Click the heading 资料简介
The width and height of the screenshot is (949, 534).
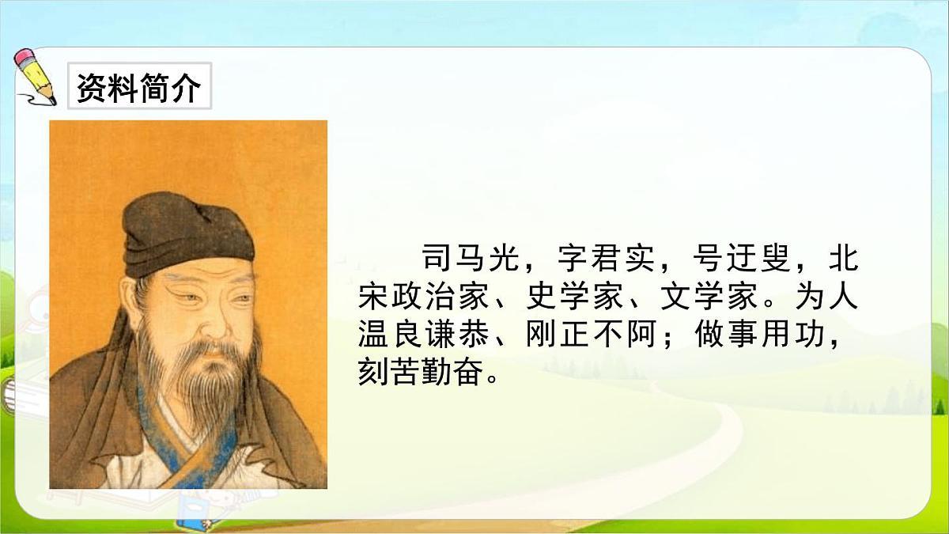coord(139,87)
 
